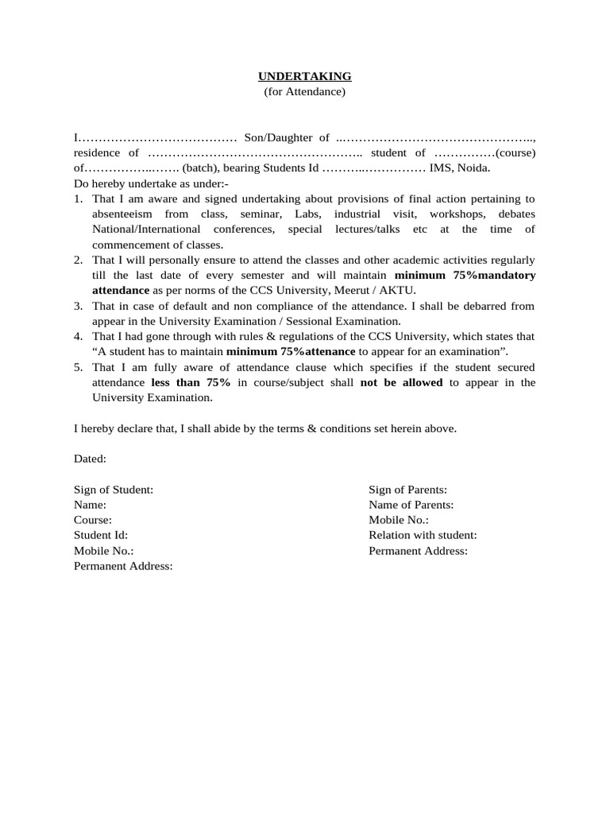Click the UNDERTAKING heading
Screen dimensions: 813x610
coord(304,76)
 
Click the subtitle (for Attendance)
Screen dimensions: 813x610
coord(304,92)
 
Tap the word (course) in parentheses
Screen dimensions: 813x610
coord(515,153)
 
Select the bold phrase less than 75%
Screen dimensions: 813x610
coord(191,383)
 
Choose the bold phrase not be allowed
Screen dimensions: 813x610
coord(402,383)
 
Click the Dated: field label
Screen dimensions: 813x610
coord(90,459)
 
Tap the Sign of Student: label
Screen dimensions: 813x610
coord(114,490)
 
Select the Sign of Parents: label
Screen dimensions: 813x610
coord(407,490)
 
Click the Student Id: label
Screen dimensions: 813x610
coord(101,536)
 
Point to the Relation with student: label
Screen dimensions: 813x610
coord(423,536)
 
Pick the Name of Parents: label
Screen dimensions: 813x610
coord(411,505)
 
